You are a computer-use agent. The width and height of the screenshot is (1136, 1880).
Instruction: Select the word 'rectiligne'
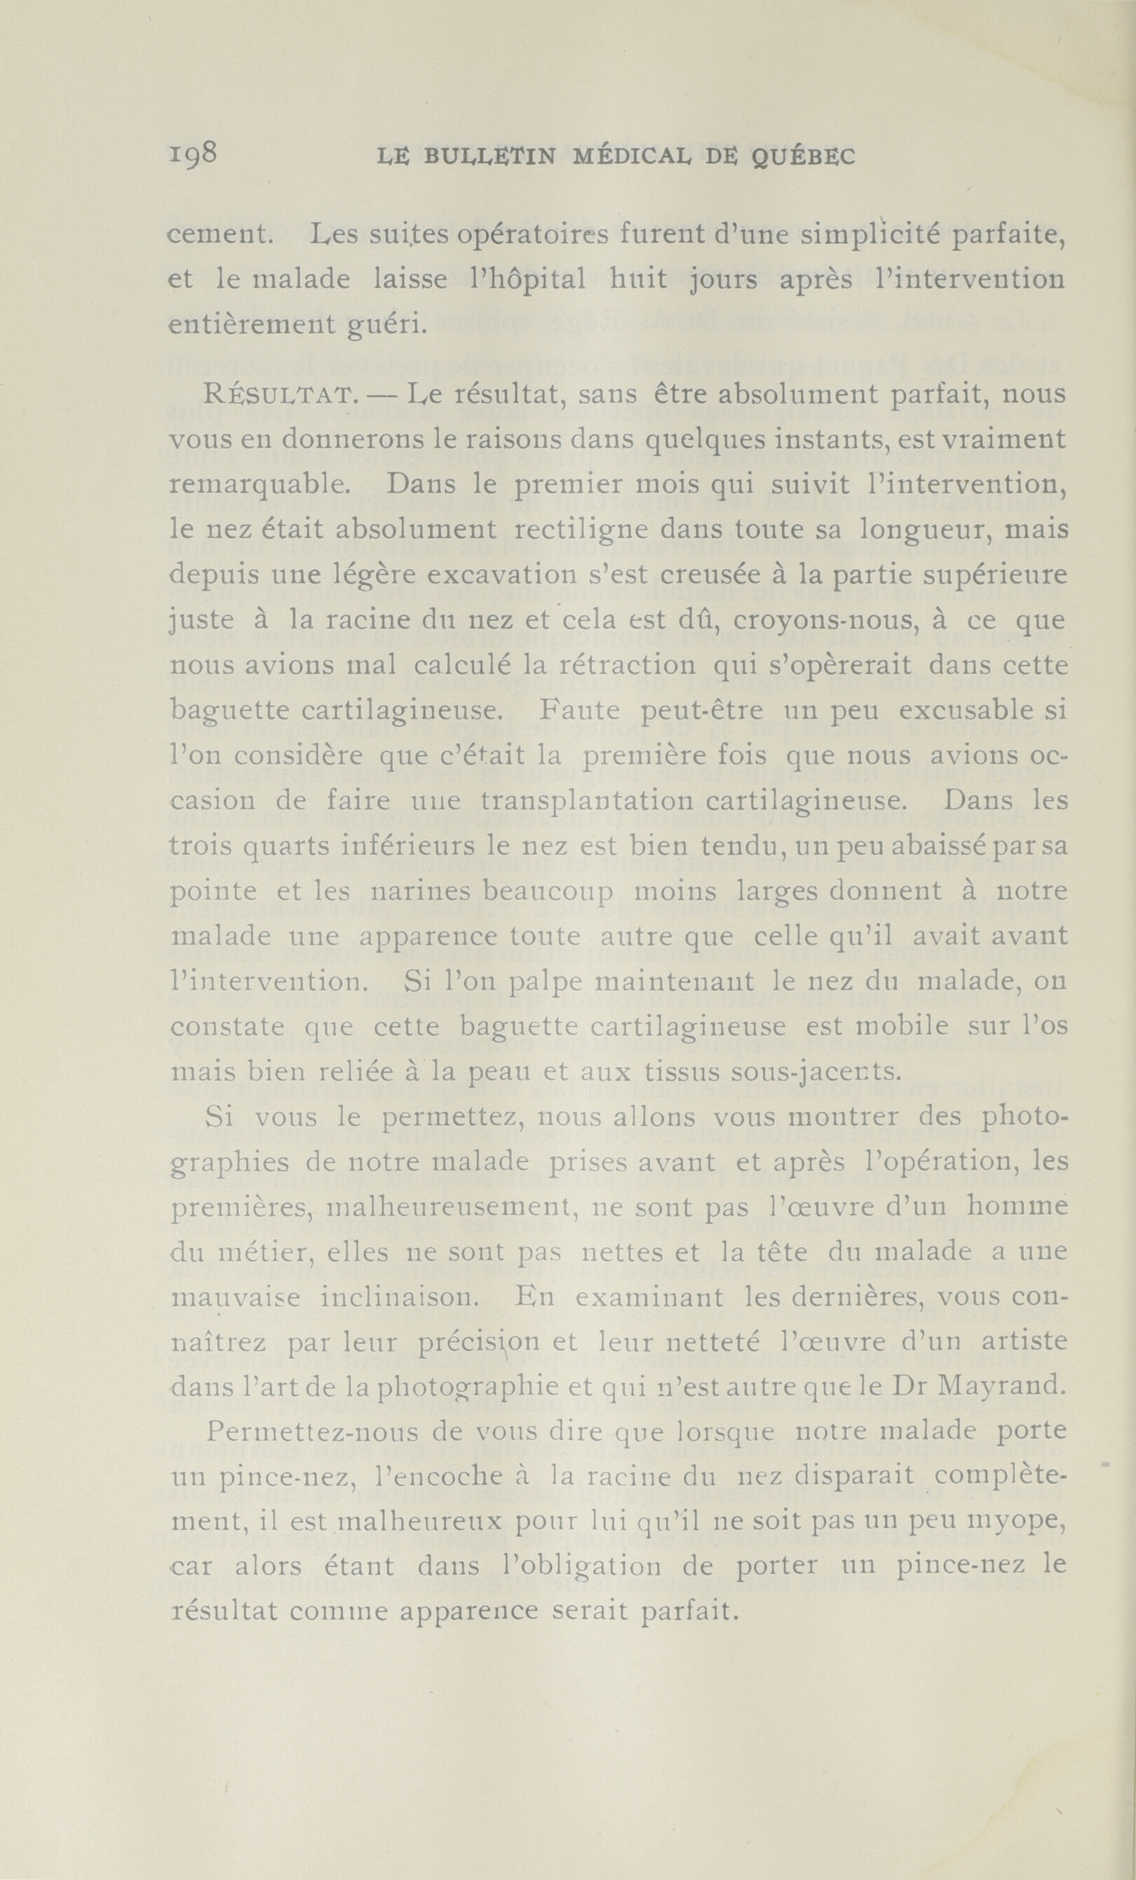tap(581, 530)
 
